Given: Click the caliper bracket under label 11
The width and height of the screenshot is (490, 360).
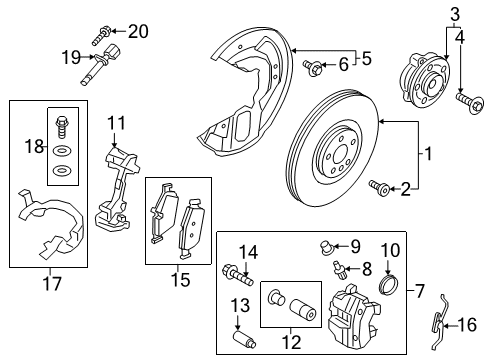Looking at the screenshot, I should (x=117, y=185).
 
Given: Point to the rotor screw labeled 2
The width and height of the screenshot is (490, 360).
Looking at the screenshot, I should (x=381, y=186).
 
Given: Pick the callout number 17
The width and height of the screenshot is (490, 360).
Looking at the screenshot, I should (x=46, y=281).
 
